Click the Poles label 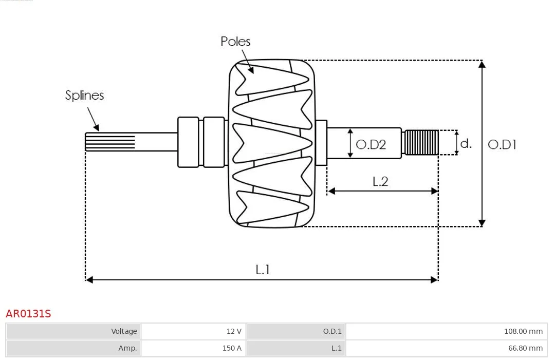(x=235, y=42)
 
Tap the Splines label (x=84, y=96)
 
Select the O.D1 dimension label (x=502, y=144)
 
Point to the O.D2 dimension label (x=371, y=144)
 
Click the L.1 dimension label (x=263, y=270)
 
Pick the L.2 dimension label (x=380, y=181)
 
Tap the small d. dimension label (x=466, y=143)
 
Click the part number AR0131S (x=28, y=314)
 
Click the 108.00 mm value (x=524, y=331)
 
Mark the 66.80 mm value (x=525, y=348)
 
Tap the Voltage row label (x=124, y=331)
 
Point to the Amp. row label (x=127, y=348)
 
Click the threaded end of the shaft (x=421, y=143)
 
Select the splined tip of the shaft (x=110, y=142)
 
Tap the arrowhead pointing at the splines (x=96, y=128)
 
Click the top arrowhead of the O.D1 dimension (x=482, y=64)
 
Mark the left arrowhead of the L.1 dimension (x=89, y=280)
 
